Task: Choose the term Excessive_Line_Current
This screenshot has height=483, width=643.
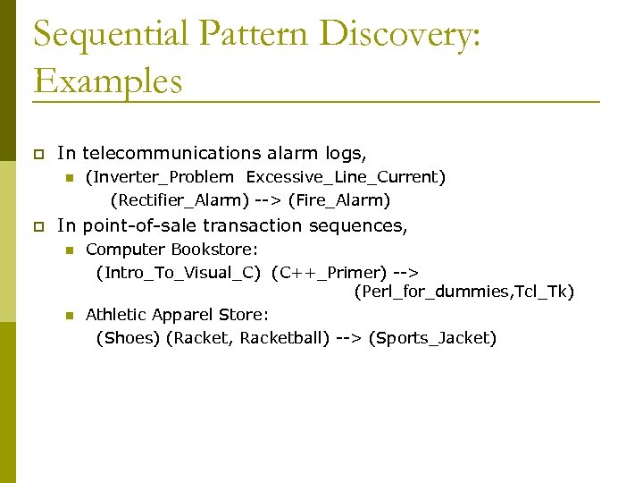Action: (x=343, y=177)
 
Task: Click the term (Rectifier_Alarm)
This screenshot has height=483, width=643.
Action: (x=180, y=200)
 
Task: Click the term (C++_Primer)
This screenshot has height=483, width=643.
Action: (x=329, y=272)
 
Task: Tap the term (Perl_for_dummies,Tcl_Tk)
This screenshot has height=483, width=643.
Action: (x=463, y=292)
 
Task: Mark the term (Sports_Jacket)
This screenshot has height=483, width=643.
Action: (x=432, y=338)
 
